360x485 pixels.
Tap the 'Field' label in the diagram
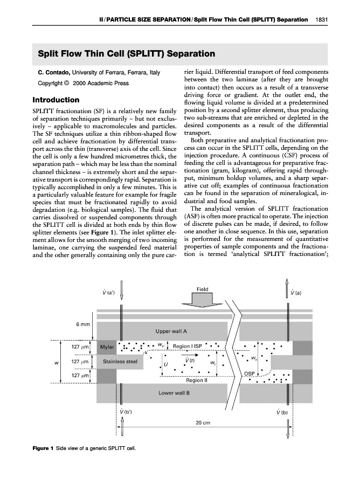pos(196,289)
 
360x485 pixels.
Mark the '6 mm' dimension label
pos(84,323)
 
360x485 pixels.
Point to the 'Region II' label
pos(196,380)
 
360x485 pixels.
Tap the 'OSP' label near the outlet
pos(250,373)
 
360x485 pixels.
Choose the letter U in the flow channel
pos(165,364)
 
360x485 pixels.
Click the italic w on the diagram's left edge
pos(57,362)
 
